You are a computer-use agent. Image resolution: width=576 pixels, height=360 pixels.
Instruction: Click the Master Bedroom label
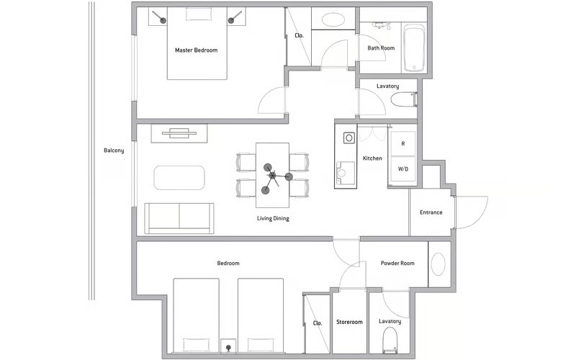pyautogui.click(x=196, y=50)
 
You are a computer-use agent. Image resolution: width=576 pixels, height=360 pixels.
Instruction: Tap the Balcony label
pyautogui.click(x=114, y=150)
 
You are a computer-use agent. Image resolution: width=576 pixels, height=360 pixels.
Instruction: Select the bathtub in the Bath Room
pyautogui.click(x=414, y=48)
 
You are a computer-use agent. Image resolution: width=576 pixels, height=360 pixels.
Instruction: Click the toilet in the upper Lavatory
pyautogui.click(x=403, y=99)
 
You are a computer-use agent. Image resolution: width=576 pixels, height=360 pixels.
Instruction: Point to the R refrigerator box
pyautogui.click(x=403, y=143)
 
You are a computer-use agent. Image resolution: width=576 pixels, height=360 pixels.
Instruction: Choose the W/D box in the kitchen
pyautogui.click(x=403, y=169)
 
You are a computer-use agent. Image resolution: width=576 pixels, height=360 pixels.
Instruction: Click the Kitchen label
pyautogui.click(x=372, y=158)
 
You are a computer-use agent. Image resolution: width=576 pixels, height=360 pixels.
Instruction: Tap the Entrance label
pyautogui.click(x=431, y=212)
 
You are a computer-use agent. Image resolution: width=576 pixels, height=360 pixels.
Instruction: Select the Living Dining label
pyautogui.click(x=273, y=219)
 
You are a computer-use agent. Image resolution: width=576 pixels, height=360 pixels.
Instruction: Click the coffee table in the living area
pyautogui.click(x=179, y=178)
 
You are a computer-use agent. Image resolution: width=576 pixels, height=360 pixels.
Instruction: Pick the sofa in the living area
pyautogui.click(x=179, y=218)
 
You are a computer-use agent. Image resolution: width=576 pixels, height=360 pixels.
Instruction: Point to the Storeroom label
pyautogui.click(x=349, y=322)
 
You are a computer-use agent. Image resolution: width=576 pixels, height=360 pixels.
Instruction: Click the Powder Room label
pyautogui.click(x=397, y=263)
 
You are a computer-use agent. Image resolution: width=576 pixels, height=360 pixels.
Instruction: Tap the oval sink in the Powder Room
pyautogui.click(x=438, y=264)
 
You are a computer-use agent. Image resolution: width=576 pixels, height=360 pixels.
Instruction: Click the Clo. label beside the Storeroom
pyautogui.click(x=318, y=323)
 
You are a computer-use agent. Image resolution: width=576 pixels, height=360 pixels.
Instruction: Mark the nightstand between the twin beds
pyautogui.click(x=228, y=346)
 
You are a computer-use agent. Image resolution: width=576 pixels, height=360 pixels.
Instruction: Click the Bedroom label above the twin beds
pyautogui.click(x=228, y=263)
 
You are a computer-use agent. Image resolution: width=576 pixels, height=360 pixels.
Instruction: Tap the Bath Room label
pyautogui.click(x=381, y=48)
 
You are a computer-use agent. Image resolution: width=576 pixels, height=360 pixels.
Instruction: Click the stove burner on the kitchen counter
pyautogui.click(x=349, y=138)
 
